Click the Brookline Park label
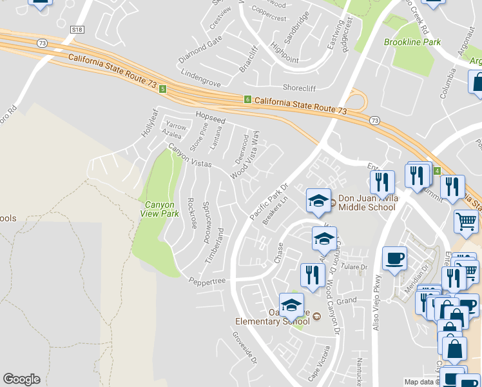(412, 42)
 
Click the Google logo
(21, 379)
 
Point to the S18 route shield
(77, 30)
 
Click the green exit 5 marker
(163, 88)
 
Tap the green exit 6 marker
(247, 99)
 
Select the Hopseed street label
(211, 120)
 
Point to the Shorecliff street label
(302, 88)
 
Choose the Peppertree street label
(207, 281)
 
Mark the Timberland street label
(219, 244)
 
